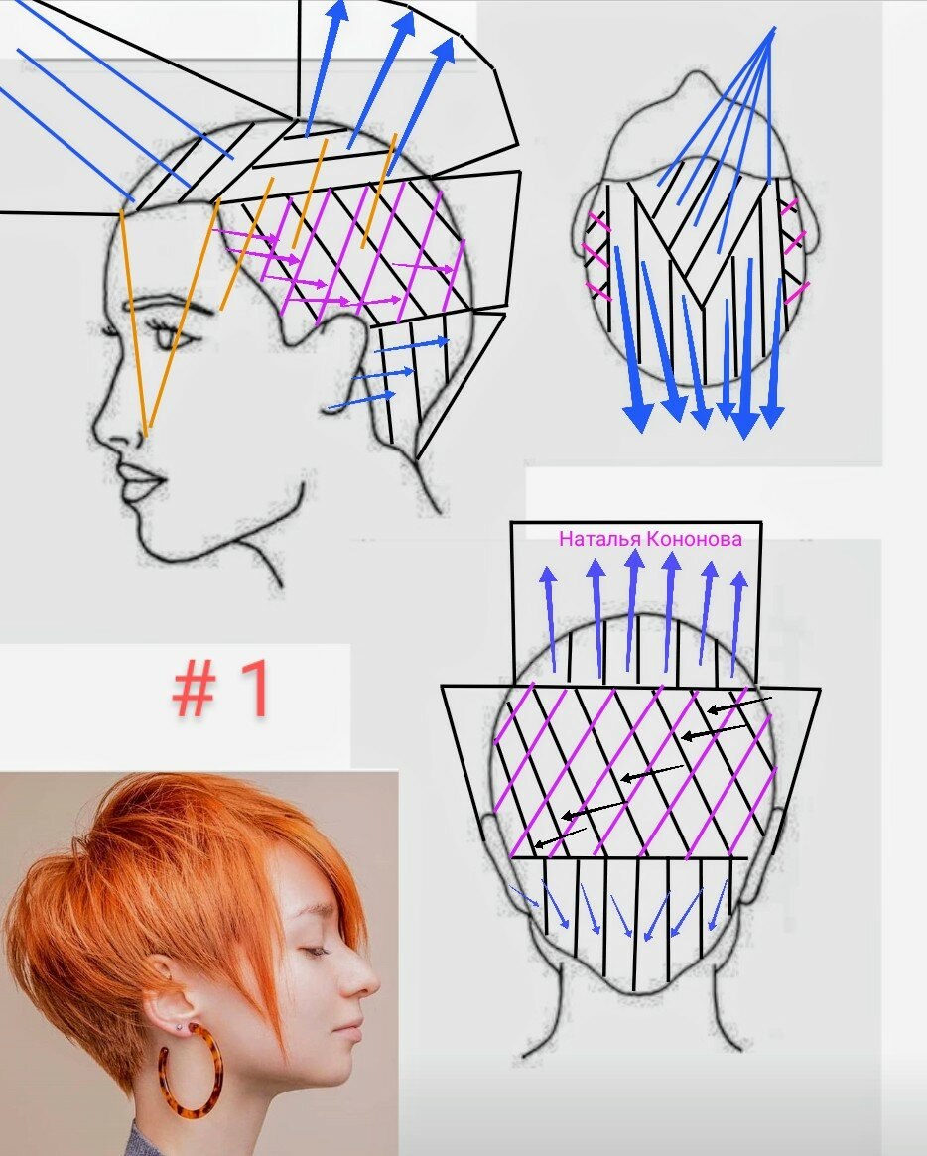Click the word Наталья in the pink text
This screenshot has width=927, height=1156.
(x=599, y=538)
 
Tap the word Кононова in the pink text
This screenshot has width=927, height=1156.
(x=694, y=538)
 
